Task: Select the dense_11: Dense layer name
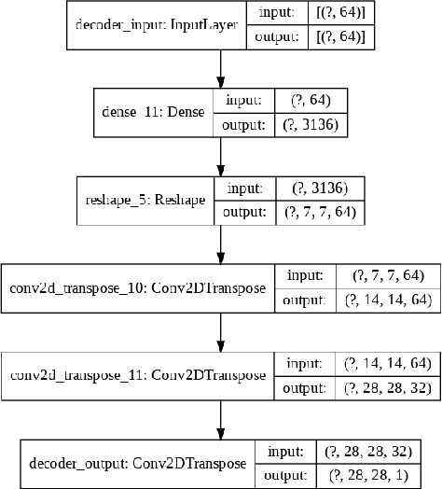click(154, 113)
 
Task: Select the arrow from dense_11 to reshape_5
click(220, 157)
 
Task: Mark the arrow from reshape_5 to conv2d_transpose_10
click(220, 244)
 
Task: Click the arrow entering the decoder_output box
click(220, 419)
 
